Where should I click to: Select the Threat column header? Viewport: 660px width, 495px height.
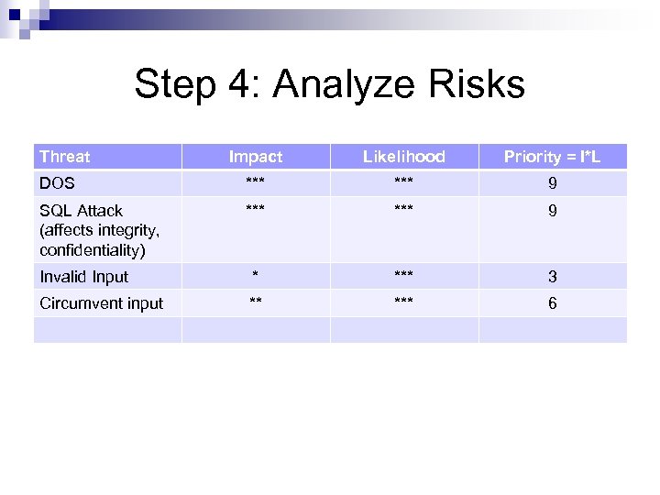click(x=65, y=157)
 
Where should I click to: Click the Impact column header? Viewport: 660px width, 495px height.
click(x=256, y=157)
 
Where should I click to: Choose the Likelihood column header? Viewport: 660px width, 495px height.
click(x=403, y=157)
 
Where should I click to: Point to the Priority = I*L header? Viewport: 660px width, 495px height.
click(x=552, y=157)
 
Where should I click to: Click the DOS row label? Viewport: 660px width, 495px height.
click(x=57, y=184)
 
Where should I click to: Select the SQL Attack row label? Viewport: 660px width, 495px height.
click(x=82, y=211)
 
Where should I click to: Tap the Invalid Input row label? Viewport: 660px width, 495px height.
click(x=84, y=277)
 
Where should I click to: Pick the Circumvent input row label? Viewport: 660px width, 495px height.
click(x=102, y=303)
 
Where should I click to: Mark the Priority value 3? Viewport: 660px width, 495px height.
click(x=552, y=277)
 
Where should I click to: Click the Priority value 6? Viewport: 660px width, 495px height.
click(x=552, y=303)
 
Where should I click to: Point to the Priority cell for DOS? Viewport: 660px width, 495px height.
click(x=552, y=184)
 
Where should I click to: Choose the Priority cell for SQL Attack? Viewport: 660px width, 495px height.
click(x=552, y=211)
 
